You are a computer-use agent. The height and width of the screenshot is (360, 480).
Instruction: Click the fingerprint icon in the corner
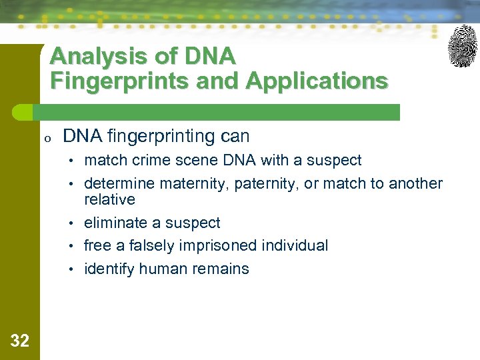(x=462, y=46)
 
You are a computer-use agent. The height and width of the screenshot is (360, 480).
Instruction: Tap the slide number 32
(x=20, y=341)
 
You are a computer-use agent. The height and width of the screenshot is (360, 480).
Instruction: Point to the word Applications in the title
(x=317, y=81)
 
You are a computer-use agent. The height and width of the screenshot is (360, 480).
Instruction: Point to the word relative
(x=109, y=199)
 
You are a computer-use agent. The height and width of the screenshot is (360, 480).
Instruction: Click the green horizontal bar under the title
(x=220, y=112)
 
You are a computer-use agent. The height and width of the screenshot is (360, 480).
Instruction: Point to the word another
(x=415, y=183)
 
